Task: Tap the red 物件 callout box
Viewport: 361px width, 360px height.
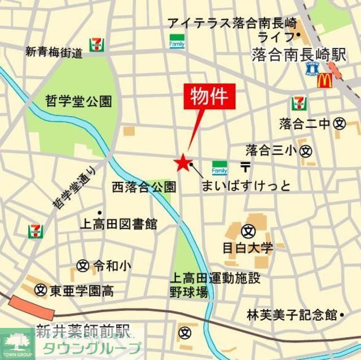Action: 209,97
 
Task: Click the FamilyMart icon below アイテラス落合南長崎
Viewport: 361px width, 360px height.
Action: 175,41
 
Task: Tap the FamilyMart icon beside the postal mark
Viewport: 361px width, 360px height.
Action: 219,167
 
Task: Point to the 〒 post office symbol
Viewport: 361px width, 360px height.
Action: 245,167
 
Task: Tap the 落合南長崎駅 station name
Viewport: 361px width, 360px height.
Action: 298,55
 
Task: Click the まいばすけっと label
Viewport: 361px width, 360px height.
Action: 246,185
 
